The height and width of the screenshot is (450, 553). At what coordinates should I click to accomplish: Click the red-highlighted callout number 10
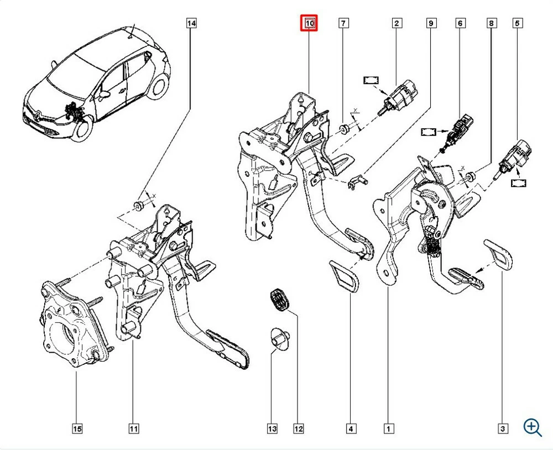pos(309,23)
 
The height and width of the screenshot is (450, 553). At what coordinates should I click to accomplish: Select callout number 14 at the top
pos(191,23)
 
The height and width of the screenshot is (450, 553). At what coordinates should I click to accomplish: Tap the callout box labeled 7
pos(343,23)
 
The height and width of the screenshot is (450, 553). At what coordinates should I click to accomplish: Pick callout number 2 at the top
pos(397,23)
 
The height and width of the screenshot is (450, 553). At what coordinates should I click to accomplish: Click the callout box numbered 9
pos(431,23)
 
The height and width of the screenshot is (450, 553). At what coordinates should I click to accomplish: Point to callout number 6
pos(460,23)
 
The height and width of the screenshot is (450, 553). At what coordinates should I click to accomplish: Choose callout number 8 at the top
pos(491,23)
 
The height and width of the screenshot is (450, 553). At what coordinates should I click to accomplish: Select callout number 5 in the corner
pos(518,23)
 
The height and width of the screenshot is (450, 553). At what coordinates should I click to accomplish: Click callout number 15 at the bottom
pos(77,428)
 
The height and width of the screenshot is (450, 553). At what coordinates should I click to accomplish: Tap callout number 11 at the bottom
pos(133,428)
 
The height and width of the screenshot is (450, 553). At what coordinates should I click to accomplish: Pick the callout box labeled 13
pos(272,428)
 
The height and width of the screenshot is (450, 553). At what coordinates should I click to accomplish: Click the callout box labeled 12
pos(299,428)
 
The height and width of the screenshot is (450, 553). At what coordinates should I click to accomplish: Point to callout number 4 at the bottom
pos(351,428)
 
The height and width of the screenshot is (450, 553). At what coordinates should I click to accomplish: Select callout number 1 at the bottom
pos(388,428)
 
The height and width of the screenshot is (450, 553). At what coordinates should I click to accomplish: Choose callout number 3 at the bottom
pos(503,428)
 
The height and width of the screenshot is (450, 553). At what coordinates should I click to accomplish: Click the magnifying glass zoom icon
pos(532,427)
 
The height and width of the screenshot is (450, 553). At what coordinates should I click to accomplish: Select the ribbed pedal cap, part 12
pos(279,300)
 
